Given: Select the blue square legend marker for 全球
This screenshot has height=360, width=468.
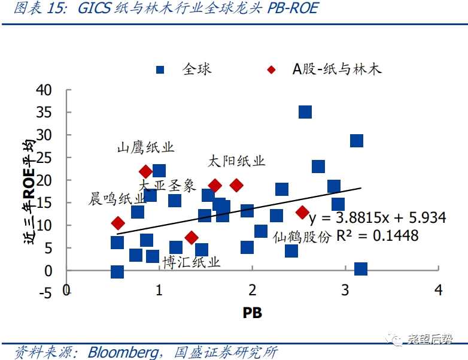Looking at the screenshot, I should (160, 69).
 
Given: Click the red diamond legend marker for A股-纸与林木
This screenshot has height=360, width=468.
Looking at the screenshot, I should (272, 69).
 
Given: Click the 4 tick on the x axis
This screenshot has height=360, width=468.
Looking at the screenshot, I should (439, 291).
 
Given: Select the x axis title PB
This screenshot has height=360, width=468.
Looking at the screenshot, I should (252, 312).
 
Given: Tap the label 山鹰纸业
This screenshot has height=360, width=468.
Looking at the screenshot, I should (145, 147).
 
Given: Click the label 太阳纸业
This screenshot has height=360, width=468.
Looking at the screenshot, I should (236, 161).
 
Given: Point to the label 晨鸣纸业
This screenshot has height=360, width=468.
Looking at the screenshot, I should (117, 199).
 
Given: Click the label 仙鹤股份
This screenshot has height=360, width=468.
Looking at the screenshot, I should (302, 237).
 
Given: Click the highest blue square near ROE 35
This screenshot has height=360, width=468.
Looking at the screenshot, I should (305, 112).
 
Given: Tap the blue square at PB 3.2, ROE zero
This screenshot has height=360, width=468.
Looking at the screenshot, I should (360, 269).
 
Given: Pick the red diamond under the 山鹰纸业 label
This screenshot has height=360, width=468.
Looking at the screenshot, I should (145, 172).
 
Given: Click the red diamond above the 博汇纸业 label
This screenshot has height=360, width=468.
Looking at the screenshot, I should (192, 238).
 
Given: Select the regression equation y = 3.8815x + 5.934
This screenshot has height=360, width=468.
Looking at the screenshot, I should (377, 217).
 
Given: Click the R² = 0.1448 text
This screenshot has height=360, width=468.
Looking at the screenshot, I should (377, 236).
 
